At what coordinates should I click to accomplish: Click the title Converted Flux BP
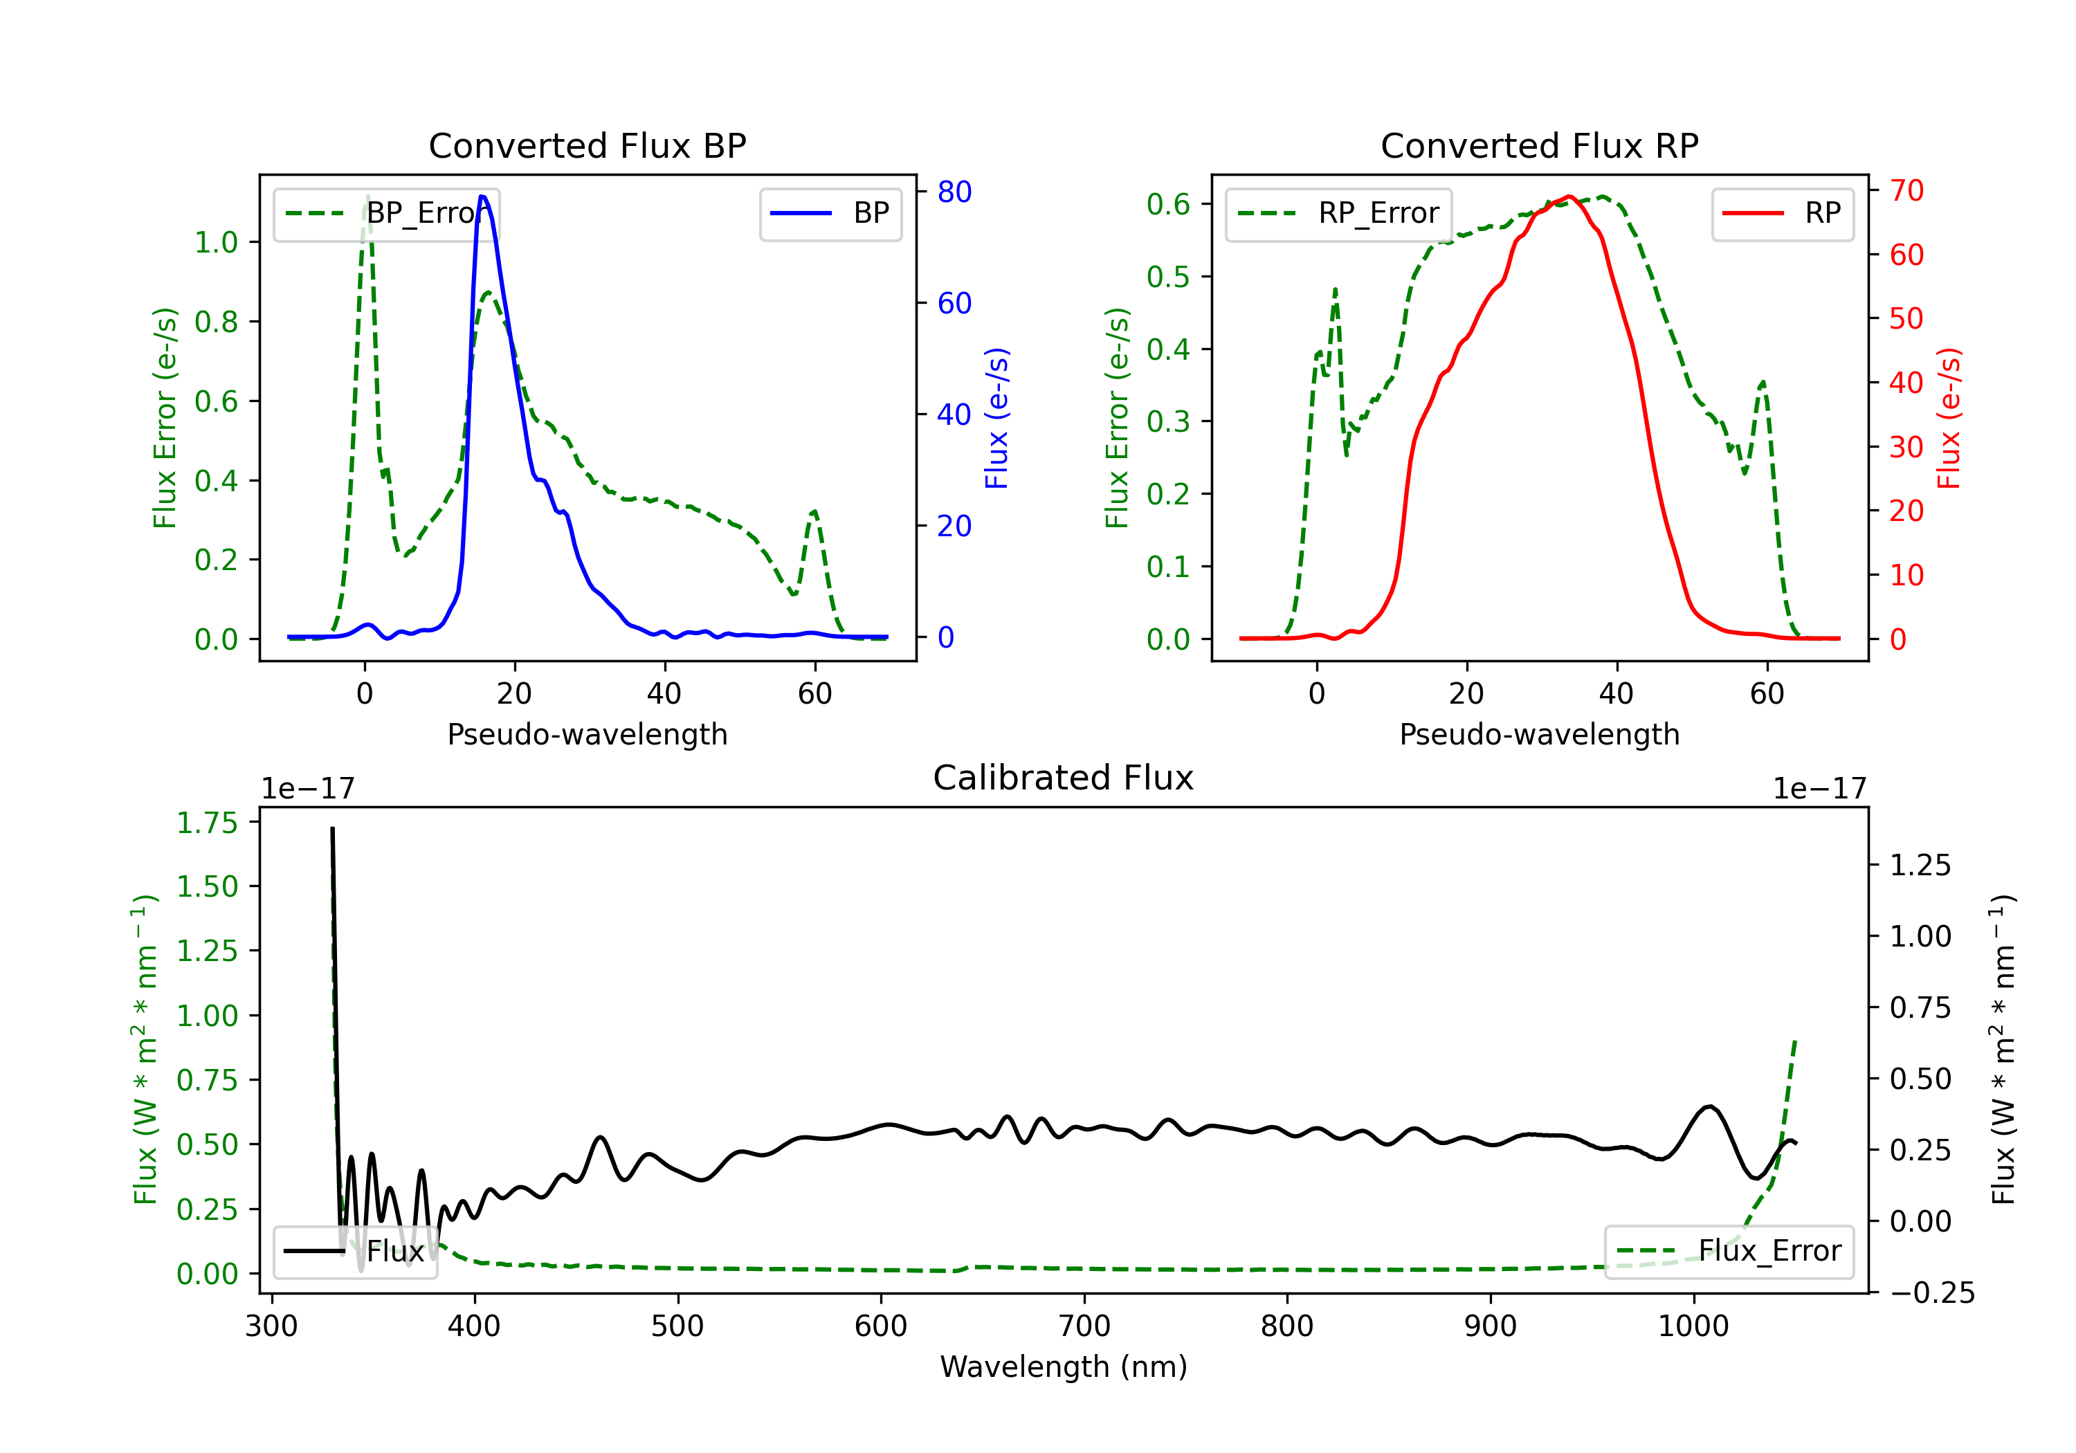coord(587,145)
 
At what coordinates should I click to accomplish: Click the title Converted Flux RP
coord(1539,145)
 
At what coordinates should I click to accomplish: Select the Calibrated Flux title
coord(1064,778)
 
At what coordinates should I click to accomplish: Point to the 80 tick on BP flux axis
coord(954,192)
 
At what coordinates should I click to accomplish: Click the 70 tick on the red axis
coord(1906,191)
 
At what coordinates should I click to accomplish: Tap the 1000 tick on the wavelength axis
coord(1693,1326)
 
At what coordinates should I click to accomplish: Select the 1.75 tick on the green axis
coord(207,823)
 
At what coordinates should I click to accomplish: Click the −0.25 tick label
coord(1932,1293)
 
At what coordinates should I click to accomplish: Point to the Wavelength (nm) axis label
coord(1064,1367)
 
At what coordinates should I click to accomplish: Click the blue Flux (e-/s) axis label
coord(996,418)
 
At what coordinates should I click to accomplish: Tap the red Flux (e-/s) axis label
coord(1949,418)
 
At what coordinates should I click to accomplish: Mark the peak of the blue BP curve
coord(482,197)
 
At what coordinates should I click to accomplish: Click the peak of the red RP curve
coord(1569,197)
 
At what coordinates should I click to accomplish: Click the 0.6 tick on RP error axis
coord(1167,204)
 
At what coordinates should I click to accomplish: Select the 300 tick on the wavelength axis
coord(271,1326)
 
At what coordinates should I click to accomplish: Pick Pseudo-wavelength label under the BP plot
coord(587,734)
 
